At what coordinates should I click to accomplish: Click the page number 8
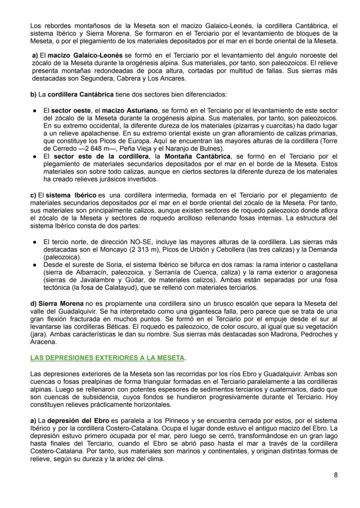(336, 475)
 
